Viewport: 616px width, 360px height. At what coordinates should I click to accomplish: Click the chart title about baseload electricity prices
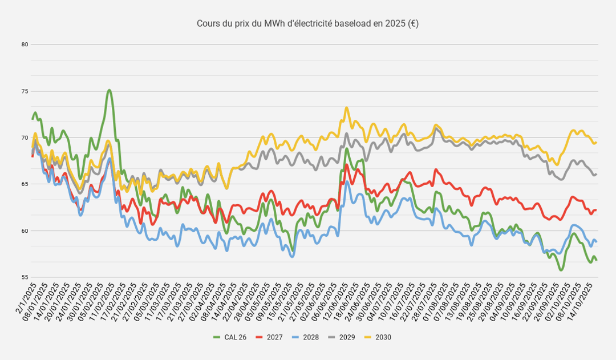[x=307, y=23]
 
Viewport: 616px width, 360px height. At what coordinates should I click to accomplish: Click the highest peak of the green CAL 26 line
[x=109, y=90]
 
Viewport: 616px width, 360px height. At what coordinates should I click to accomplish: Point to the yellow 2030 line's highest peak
[x=346, y=107]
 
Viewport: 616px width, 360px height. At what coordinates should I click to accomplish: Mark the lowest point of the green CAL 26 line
[x=561, y=270]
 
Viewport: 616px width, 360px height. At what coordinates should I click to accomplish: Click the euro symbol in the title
[x=414, y=23]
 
